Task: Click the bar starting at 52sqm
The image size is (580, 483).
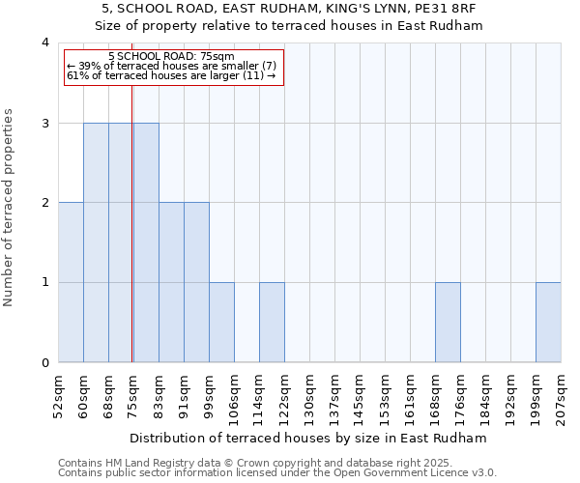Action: point(71,282)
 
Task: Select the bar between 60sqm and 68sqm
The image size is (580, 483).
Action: point(96,242)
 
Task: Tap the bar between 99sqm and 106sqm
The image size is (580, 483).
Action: point(221,323)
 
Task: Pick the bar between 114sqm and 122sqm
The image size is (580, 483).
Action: point(272,323)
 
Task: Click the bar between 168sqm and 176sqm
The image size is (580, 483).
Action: point(448,323)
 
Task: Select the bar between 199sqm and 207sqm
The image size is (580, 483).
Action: point(548,323)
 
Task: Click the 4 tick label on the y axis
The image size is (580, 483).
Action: point(45,43)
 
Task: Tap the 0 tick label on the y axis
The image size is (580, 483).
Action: point(45,363)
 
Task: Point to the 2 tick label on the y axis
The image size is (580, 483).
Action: point(45,203)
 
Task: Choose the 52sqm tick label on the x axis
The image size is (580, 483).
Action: point(58,396)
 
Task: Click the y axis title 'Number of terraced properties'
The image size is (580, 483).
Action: point(9,207)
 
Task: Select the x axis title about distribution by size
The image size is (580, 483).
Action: point(308,438)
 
